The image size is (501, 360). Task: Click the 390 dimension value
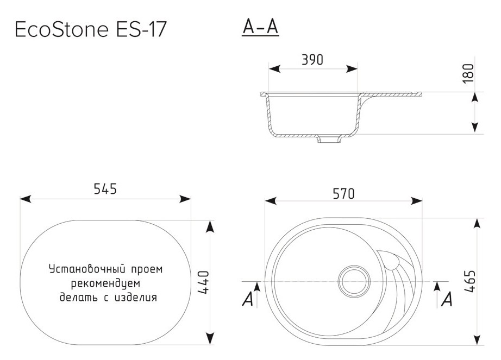[312, 60]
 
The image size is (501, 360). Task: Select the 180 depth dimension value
[469, 73]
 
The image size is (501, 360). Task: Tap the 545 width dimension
[105, 189]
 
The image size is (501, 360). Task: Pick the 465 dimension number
[470, 281]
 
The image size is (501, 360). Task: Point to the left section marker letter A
[248, 299]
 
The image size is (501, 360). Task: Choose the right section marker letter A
[447, 299]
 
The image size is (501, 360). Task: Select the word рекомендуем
[105, 283]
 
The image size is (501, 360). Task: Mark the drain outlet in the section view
[328, 139]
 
